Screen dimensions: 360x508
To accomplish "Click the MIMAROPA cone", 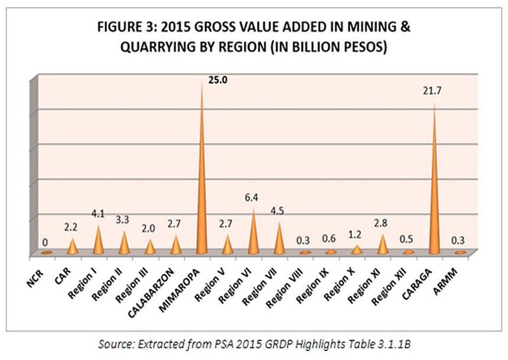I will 202,190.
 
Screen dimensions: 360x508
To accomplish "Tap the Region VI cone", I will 254,235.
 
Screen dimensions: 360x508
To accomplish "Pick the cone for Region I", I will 98,242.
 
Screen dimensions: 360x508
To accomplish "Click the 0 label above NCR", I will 44,242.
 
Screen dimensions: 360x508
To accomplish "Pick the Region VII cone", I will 278,238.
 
